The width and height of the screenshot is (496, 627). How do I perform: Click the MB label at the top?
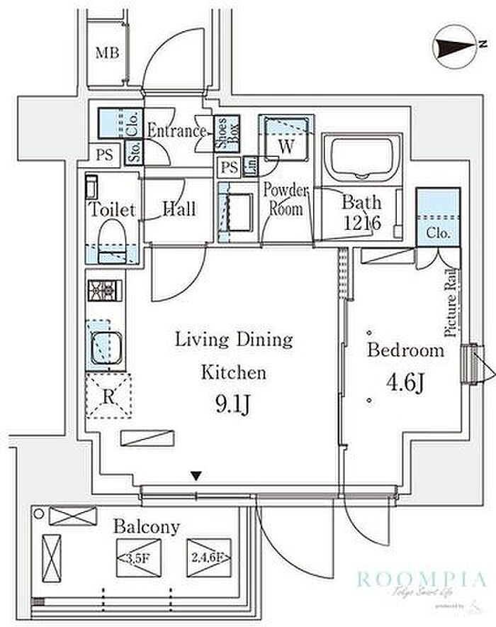pos(108,52)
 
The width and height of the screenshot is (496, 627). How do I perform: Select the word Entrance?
pos(176,131)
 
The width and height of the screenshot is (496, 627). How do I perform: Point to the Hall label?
pos(179,209)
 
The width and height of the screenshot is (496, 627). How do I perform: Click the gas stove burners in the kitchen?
pos(104,290)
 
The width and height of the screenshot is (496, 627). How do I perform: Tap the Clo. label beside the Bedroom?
pos(437,233)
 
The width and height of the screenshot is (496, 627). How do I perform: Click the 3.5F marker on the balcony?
pos(140,557)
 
